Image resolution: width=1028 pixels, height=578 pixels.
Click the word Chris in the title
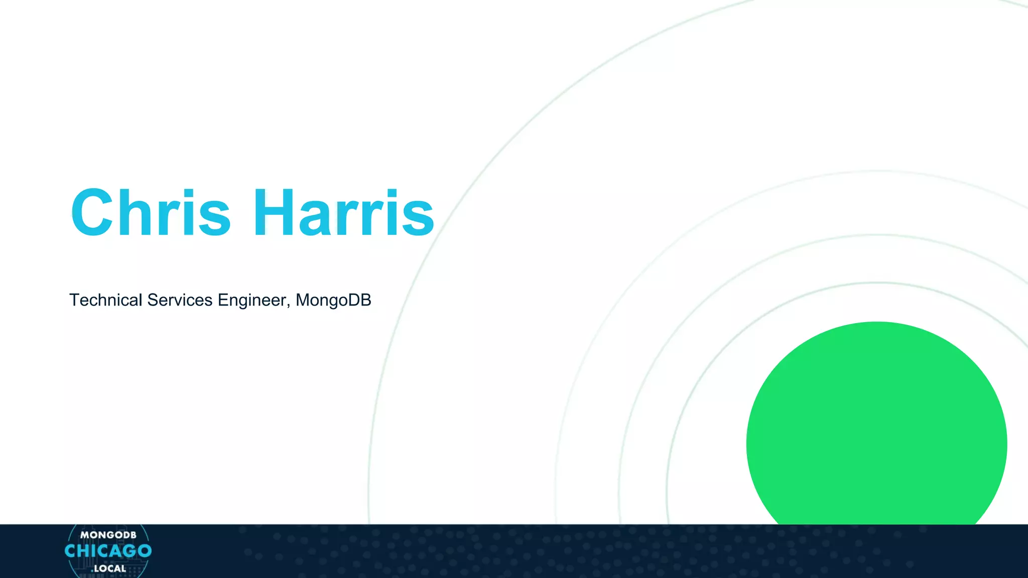pyautogui.click(x=151, y=213)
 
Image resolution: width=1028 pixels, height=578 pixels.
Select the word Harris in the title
pyautogui.click(x=343, y=213)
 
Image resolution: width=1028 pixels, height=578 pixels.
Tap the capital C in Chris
pyautogui.click(x=92, y=213)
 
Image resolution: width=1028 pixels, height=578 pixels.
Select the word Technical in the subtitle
pyautogui.click(x=105, y=300)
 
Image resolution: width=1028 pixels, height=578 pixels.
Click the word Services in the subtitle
pyautogui.click(x=180, y=300)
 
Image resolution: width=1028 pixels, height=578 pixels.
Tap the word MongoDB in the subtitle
pyautogui.click(x=333, y=300)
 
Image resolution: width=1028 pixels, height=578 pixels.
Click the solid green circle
pyautogui.click(x=876, y=426)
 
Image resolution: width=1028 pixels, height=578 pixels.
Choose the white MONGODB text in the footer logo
pyautogui.click(x=108, y=535)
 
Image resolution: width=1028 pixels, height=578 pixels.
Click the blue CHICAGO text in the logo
pyautogui.click(x=108, y=551)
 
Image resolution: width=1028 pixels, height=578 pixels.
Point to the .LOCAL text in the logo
pyautogui.click(x=109, y=568)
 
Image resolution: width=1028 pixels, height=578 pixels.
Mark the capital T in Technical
pyautogui.click(x=74, y=300)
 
